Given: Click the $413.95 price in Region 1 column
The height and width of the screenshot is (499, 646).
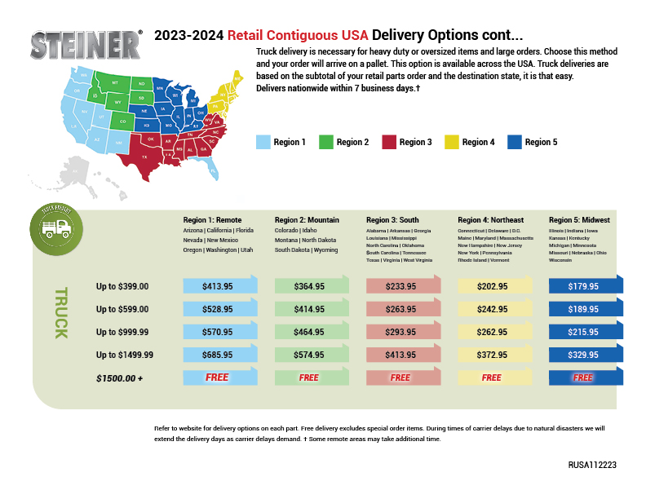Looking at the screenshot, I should click(218, 286).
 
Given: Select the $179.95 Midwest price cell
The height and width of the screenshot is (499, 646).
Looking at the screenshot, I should click(583, 286).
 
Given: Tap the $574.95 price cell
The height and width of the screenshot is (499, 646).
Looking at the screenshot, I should click(309, 355).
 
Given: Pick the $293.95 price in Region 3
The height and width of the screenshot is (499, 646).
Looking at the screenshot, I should click(400, 333).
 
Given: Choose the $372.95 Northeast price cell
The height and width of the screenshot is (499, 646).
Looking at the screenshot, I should click(492, 355).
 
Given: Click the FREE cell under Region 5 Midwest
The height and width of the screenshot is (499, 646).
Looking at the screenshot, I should click(583, 378).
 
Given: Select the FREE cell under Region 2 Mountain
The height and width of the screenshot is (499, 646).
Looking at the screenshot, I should click(309, 378).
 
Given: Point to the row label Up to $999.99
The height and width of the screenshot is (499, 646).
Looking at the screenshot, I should click(122, 333).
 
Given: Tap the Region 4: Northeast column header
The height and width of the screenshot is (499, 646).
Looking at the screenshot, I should click(492, 220).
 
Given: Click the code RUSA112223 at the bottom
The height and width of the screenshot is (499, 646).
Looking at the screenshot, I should click(592, 464).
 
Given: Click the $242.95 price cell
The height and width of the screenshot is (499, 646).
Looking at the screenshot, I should click(492, 310).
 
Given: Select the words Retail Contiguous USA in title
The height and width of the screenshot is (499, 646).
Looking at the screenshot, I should click(298, 36).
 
